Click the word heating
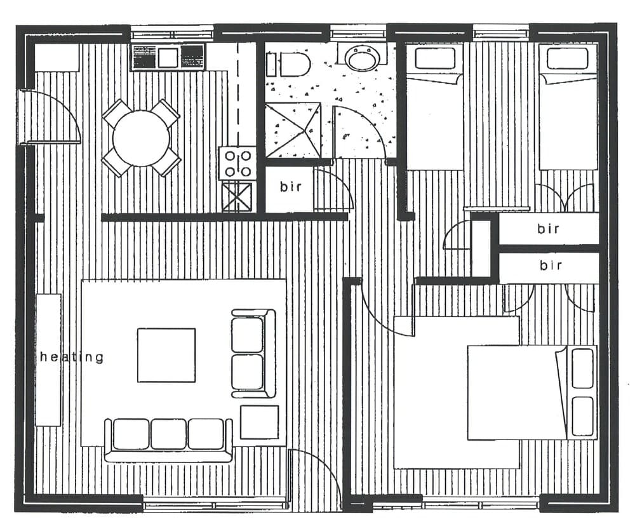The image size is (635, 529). pyautogui.click(x=71, y=357)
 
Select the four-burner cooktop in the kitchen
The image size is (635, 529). pyautogui.click(x=237, y=163)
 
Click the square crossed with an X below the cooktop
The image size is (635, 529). pyautogui.click(x=237, y=196)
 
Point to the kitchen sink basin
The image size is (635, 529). pyautogui.click(x=168, y=58)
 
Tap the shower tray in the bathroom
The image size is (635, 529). pyautogui.click(x=292, y=130)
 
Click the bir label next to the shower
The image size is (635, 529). pyautogui.click(x=290, y=188)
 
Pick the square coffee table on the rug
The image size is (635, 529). pyautogui.click(x=166, y=355)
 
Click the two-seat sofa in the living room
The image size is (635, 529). pyautogui.click(x=253, y=353)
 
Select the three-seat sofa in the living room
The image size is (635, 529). pyautogui.click(x=169, y=438)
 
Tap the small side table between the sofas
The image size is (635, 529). pyautogui.click(x=259, y=422)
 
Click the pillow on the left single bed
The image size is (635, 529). pyautogui.click(x=435, y=58)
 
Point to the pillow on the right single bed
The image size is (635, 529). pyautogui.click(x=567, y=58)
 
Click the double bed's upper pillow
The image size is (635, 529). pyautogui.click(x=582, y=368)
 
